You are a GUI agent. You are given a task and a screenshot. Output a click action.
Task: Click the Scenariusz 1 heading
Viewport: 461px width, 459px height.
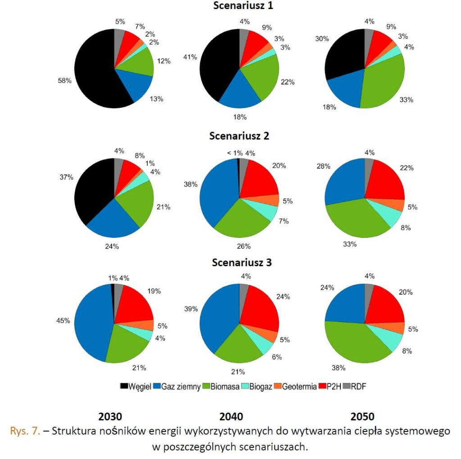tap(243, 5)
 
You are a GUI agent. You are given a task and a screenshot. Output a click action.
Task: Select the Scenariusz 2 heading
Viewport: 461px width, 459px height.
tap(239, 136)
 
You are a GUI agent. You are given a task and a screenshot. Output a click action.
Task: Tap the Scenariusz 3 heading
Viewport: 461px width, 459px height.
tap(242, 262)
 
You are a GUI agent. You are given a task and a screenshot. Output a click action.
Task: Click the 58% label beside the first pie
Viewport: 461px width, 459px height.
tap(64, 80)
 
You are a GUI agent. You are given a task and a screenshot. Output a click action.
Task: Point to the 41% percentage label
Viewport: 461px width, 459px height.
tap(190, 57)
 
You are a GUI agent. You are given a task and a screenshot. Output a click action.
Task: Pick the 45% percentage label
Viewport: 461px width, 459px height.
tap(63, 320)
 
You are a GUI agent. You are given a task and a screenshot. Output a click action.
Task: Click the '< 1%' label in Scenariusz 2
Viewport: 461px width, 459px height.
tap(235, 153)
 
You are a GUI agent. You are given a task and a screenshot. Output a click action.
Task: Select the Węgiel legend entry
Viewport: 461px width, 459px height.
tap(136, 386)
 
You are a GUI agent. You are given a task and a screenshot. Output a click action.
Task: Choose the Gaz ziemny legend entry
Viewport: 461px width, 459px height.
tap(177, 386)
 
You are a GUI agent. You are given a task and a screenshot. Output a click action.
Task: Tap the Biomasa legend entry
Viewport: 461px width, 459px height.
tap(221, 386)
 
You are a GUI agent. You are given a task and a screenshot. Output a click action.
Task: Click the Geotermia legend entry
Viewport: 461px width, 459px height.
tap(295, 386)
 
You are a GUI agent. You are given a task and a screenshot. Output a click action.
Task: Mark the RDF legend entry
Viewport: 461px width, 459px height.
tap(354, 386)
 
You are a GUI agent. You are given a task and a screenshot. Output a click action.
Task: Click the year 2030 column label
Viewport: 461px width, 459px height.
tap(110, 417)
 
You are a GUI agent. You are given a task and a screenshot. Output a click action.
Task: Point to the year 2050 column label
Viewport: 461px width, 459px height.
tap(362, 417)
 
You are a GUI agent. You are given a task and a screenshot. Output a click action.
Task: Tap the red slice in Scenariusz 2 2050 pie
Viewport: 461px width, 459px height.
tap(385, 181)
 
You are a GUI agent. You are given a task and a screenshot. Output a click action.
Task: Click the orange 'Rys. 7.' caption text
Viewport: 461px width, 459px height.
tap(25, 431)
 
